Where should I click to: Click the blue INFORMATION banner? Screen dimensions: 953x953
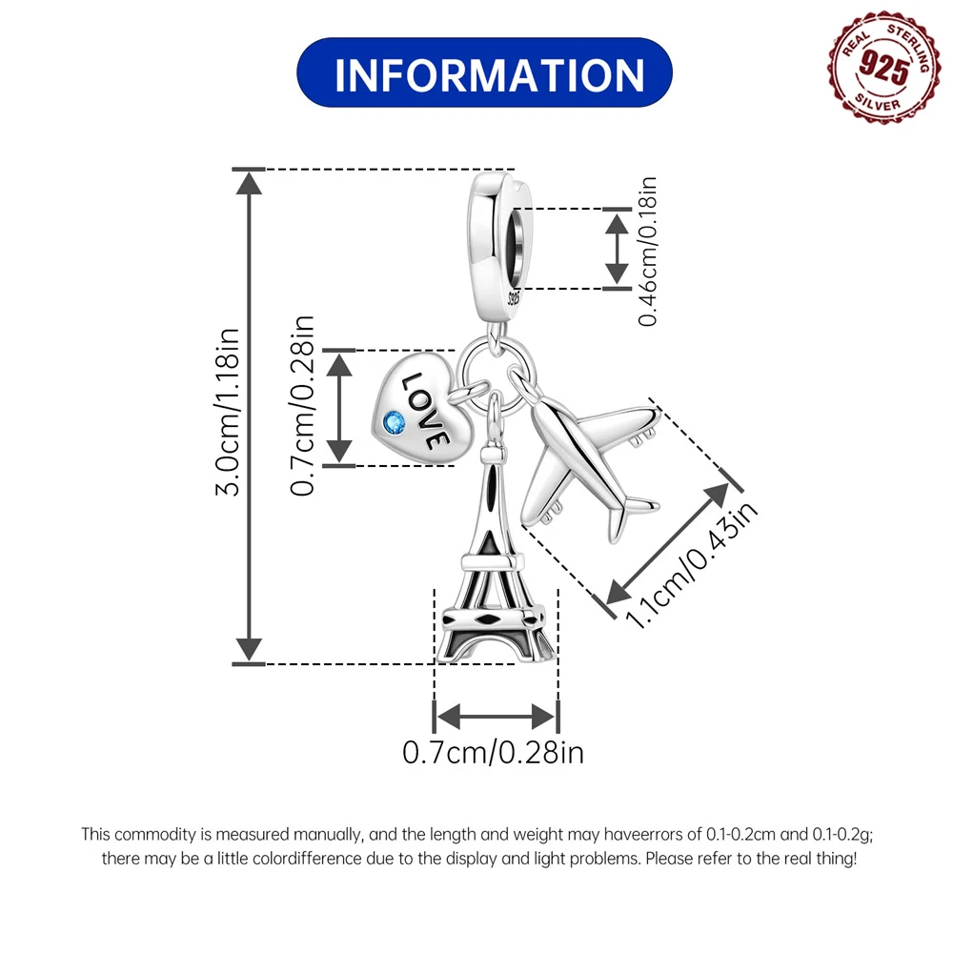(x=484, y=73)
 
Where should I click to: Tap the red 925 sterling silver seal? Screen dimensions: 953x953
(x=880, y=67)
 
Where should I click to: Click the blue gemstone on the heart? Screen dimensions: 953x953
(x=395, y=422)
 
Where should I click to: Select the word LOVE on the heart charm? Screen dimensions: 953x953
(x=424, y=412)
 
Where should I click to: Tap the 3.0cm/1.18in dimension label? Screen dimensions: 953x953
(x=228, y=412)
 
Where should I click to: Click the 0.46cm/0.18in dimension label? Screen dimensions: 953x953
(x=648, y=251)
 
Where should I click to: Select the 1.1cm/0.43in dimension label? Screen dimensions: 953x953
(x=691, y=564)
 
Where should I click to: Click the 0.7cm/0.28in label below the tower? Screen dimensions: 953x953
(x=493, y=753)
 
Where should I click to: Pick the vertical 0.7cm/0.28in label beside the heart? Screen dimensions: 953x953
(x=302, y=405)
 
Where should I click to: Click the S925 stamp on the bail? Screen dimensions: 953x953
(x=515, y=297)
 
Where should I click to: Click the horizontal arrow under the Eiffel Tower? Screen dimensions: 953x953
(x=496, y=717)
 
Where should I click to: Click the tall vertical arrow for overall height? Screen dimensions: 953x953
(x=249, y=417)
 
